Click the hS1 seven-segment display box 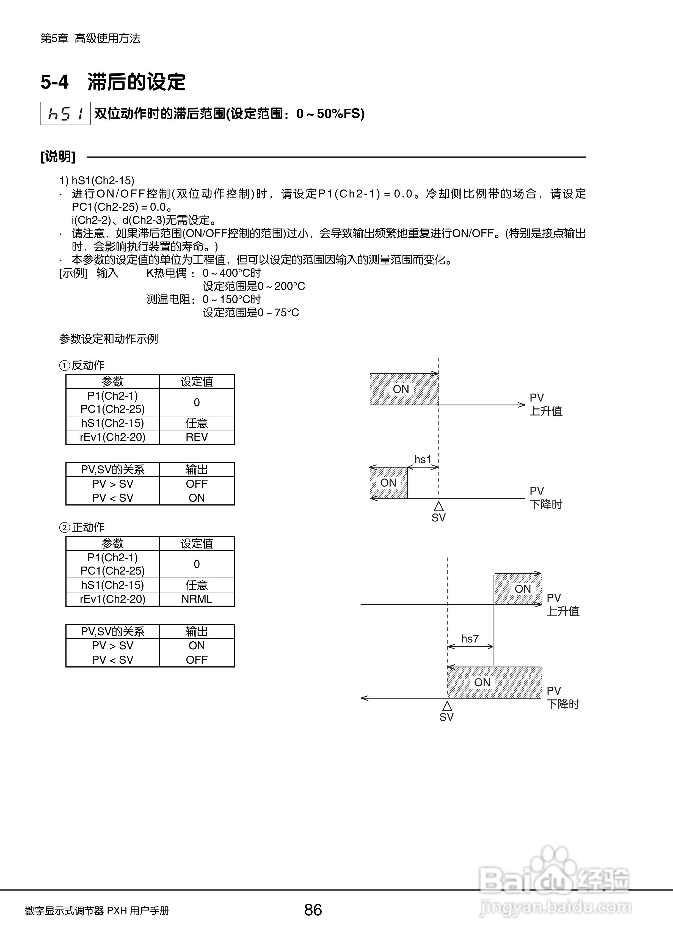65,113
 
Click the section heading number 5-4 54,82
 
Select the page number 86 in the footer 313,910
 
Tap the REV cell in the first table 197,437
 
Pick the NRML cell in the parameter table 197,599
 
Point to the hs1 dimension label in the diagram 423,459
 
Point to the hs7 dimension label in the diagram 470,639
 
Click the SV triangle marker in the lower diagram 447,706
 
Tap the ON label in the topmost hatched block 401,389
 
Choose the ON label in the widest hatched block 482,682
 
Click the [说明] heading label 58,157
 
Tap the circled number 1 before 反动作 64,366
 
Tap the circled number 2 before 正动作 64,528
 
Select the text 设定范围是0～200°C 254,286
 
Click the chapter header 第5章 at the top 54,39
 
